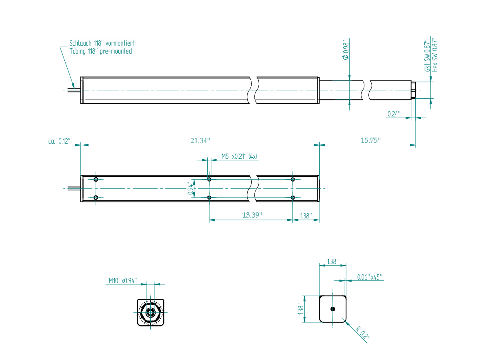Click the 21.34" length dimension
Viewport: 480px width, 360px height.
pos(200,141)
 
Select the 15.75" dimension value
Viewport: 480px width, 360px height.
pos(370,140)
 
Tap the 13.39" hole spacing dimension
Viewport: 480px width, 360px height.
pos(252,215)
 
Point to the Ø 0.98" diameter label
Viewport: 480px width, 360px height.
pos(346,50)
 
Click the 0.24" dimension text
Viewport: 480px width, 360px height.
pos(394,114)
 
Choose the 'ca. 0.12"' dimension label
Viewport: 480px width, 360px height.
pos(59,141)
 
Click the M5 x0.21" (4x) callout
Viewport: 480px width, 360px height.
pos(239,156)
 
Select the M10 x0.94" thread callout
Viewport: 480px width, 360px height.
pos(123,281)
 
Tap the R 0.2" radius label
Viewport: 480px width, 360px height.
pos(362,332)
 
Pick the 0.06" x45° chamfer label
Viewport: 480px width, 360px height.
pos(369,277)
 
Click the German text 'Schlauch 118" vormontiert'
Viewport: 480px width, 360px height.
pos(102,43)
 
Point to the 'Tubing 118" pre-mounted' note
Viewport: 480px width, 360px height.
pos(100,51)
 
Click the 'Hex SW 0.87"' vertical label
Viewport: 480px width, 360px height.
pos(435,56)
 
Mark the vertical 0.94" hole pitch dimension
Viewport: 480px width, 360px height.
pos(190,188)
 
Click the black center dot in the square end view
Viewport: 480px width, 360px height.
pos(333,309)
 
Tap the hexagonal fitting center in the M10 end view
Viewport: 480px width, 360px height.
pos(150,312)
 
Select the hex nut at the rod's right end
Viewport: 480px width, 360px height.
pos(413,90)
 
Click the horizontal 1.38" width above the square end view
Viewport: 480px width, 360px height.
pos(333,262)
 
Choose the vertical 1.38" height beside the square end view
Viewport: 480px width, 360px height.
pos(301,309)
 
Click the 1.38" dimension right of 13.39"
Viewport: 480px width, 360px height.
pos(306,216)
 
